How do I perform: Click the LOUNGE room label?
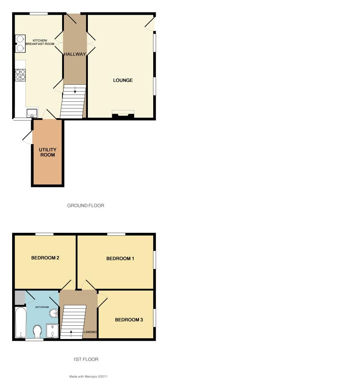coord(123,80)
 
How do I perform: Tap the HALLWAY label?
coord(75,54)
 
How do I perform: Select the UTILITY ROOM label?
coord(47,152)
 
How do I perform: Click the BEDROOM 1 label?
coord(120,259)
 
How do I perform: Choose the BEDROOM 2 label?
coord(45,258)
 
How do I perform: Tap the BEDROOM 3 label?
coord(129,320)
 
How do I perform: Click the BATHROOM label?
coord(42,307)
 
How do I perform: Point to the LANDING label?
coord(90,332)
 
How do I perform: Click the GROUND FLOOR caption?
coord(86,206)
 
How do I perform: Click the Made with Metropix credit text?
coord(88,376)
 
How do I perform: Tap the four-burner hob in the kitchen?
coord(20,74)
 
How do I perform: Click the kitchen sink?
coord(32,113)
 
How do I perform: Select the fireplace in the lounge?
coord(123,114)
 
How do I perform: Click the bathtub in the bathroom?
coord(20,322)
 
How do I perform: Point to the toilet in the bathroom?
coord(37,331)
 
